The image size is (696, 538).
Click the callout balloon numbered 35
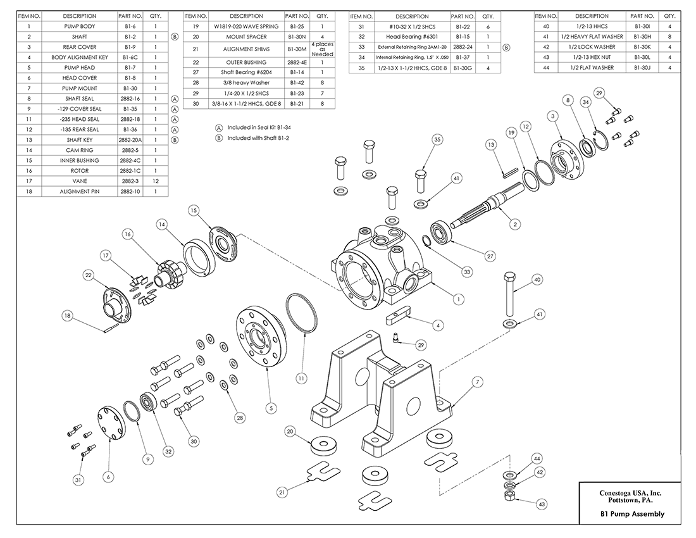(437, 140)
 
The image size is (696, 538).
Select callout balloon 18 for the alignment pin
(67, 315)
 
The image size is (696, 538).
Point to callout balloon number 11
(302, 378)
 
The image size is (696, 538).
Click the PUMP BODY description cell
(80, 27)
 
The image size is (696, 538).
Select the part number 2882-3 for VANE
(129, 180)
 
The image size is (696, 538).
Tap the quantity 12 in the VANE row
(156, 180)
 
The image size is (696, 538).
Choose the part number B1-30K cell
(642, 47)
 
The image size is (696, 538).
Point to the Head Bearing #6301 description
(412, 37)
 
